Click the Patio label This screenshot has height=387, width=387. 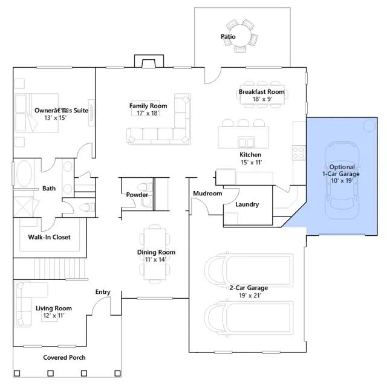point(228,36)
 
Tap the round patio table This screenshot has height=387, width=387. point(239,36)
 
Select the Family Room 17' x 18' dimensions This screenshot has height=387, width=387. point(148,113)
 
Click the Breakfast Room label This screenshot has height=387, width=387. point(262,92)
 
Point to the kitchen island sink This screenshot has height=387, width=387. point(246,143)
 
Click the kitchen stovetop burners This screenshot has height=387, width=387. point(298,152)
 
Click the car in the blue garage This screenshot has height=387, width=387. point(342,180)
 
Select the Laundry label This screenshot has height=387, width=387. point(247,204)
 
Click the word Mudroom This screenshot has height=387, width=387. point(207,193)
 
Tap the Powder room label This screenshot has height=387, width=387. point(137,195)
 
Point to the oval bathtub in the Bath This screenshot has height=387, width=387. point(24,174)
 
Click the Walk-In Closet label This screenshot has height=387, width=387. point(50,237)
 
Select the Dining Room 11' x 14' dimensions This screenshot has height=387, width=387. point(155,259)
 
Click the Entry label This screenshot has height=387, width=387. point(103,292)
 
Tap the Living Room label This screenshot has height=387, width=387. point(54,308)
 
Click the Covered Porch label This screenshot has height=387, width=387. point(64,357)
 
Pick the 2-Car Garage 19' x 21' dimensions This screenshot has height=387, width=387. point(250,296)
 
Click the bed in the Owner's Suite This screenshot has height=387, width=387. point(36,113)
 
